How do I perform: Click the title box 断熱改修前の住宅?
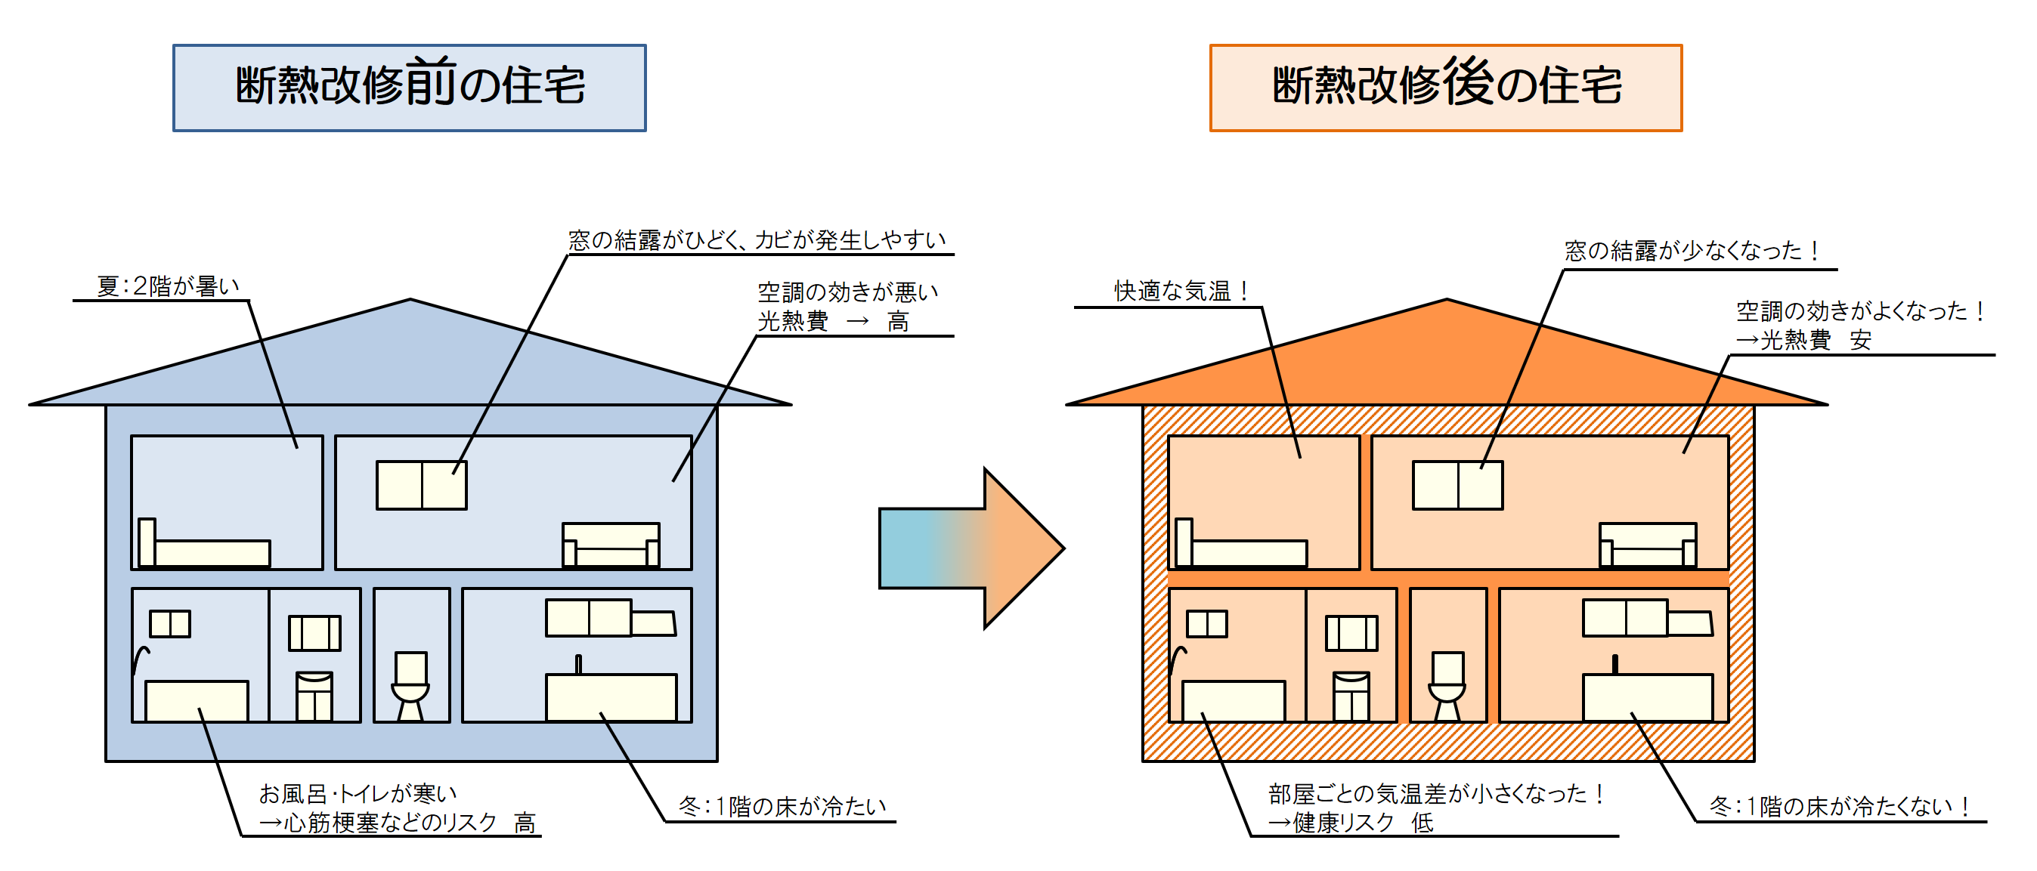409,87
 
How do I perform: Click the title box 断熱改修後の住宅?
1445,87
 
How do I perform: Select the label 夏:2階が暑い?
168,286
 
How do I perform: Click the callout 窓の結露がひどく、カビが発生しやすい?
757,240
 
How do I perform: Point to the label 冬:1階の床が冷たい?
782,806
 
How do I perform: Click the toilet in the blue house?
410,684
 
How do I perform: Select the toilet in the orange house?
1447,684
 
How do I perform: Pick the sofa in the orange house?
1647,545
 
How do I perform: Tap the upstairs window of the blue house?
422,485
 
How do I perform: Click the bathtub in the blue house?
196,700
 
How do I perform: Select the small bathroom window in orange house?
1206,624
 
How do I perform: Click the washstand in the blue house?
314,696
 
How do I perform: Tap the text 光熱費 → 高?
834,322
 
